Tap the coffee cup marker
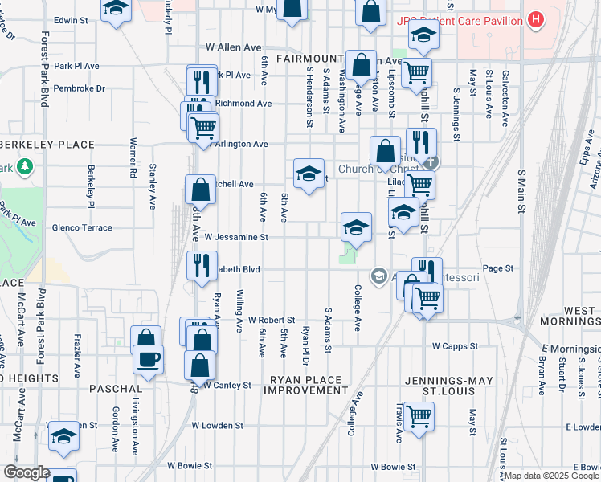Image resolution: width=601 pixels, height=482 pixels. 147,359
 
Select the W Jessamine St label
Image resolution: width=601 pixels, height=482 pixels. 235,237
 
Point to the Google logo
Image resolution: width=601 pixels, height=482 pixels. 26,472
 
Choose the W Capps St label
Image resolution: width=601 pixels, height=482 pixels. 455,346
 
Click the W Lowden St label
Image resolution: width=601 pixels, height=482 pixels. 217,425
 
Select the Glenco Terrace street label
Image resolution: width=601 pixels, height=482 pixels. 82,228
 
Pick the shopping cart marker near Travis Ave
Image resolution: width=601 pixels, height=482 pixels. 419,417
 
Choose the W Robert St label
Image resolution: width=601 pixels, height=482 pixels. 272,320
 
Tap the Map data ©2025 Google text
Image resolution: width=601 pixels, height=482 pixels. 551,476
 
